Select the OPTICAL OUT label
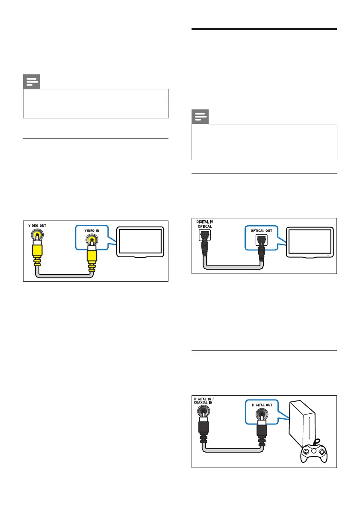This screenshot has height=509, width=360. tap(261, 231)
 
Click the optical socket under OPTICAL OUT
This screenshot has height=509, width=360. tap(262, 241)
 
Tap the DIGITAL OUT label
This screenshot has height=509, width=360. tap(261, 404)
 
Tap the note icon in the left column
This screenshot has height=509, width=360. tap(32, 82)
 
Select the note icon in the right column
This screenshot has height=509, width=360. tap(201, 117)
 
